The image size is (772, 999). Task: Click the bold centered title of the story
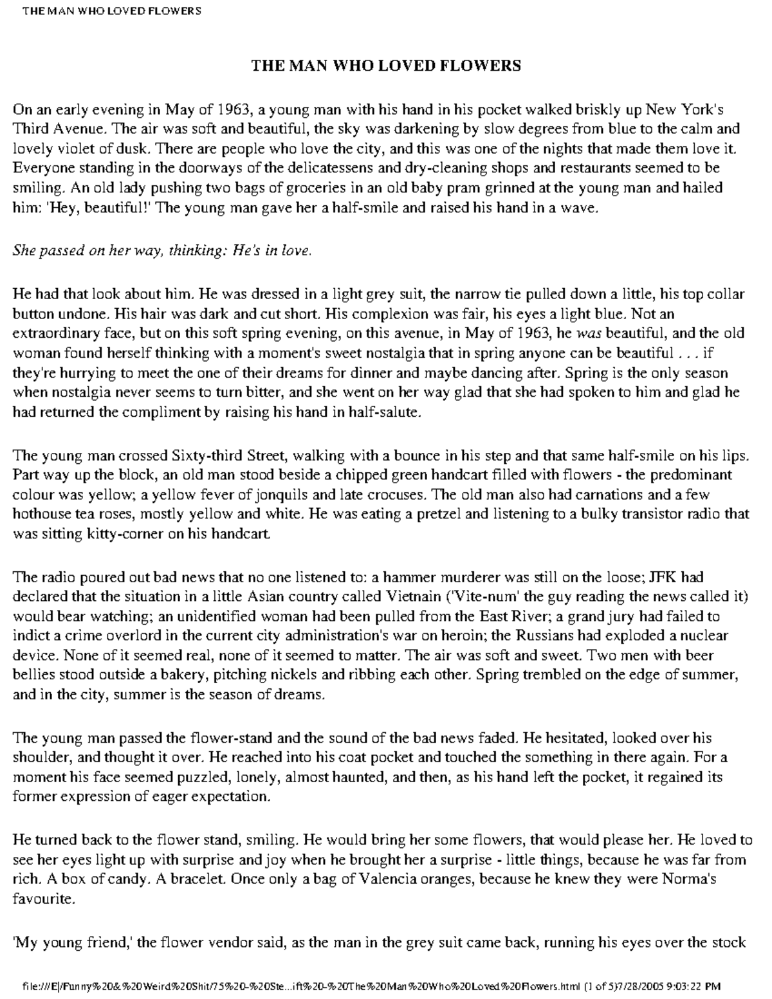pos(385,66)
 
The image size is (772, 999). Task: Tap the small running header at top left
pos(111,11)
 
